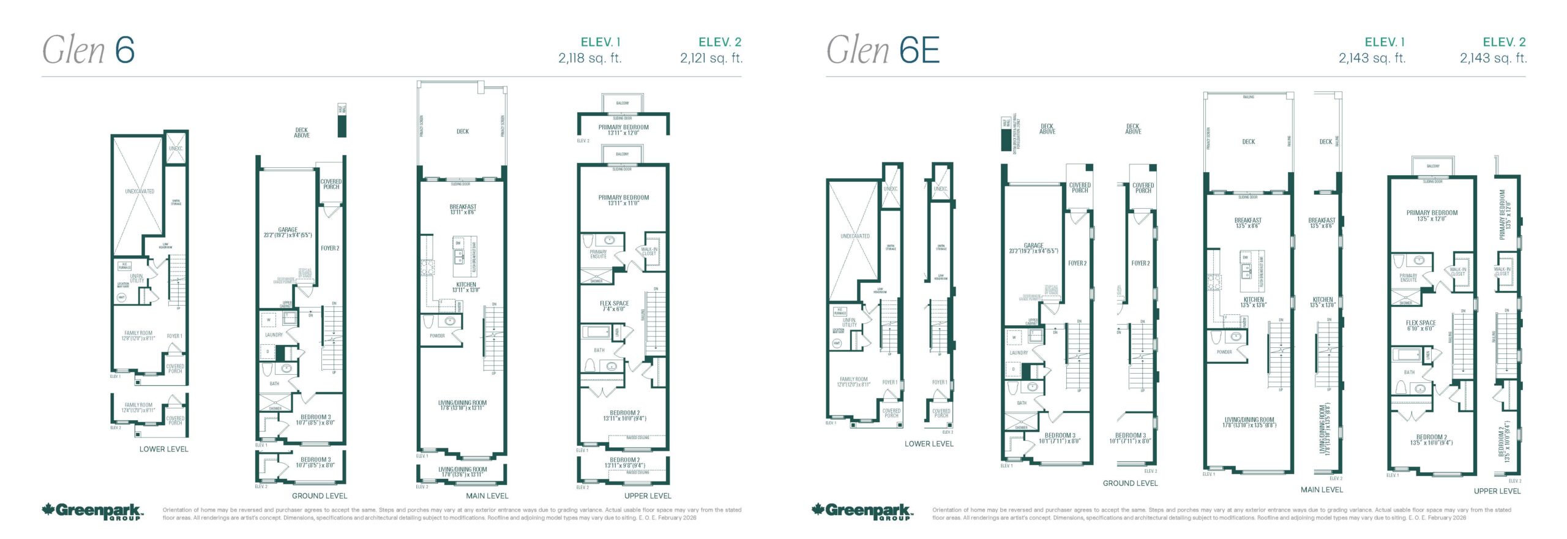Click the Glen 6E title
[x=883, y=50]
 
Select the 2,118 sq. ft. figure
[x=589, y=58]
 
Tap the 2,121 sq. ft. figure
[x=711, y=58]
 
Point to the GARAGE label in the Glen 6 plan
[x=288, y=230]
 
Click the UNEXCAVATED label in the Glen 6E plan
[x=855, y=236]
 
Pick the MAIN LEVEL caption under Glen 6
[x=487, y=496]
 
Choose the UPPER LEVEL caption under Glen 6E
[x=1497, y=491]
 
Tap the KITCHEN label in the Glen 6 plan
[x=466, y=285]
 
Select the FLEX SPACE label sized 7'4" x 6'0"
[x=614, y=306]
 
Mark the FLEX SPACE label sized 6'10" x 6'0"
[x=1421, y=325]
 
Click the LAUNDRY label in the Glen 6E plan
[x=1019, y=353]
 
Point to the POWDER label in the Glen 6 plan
[x=437, y=336]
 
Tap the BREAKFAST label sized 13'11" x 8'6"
[x=463, y=209]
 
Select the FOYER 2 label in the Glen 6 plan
[x=330, y=248]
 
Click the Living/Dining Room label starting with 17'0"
[x=462, y=472]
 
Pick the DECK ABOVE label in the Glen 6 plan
[x=302, y=132]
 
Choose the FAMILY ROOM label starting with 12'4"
[x=138, y=407]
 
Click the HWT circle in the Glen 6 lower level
[x=121, y=297]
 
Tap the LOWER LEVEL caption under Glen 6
[x=163, y=449]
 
